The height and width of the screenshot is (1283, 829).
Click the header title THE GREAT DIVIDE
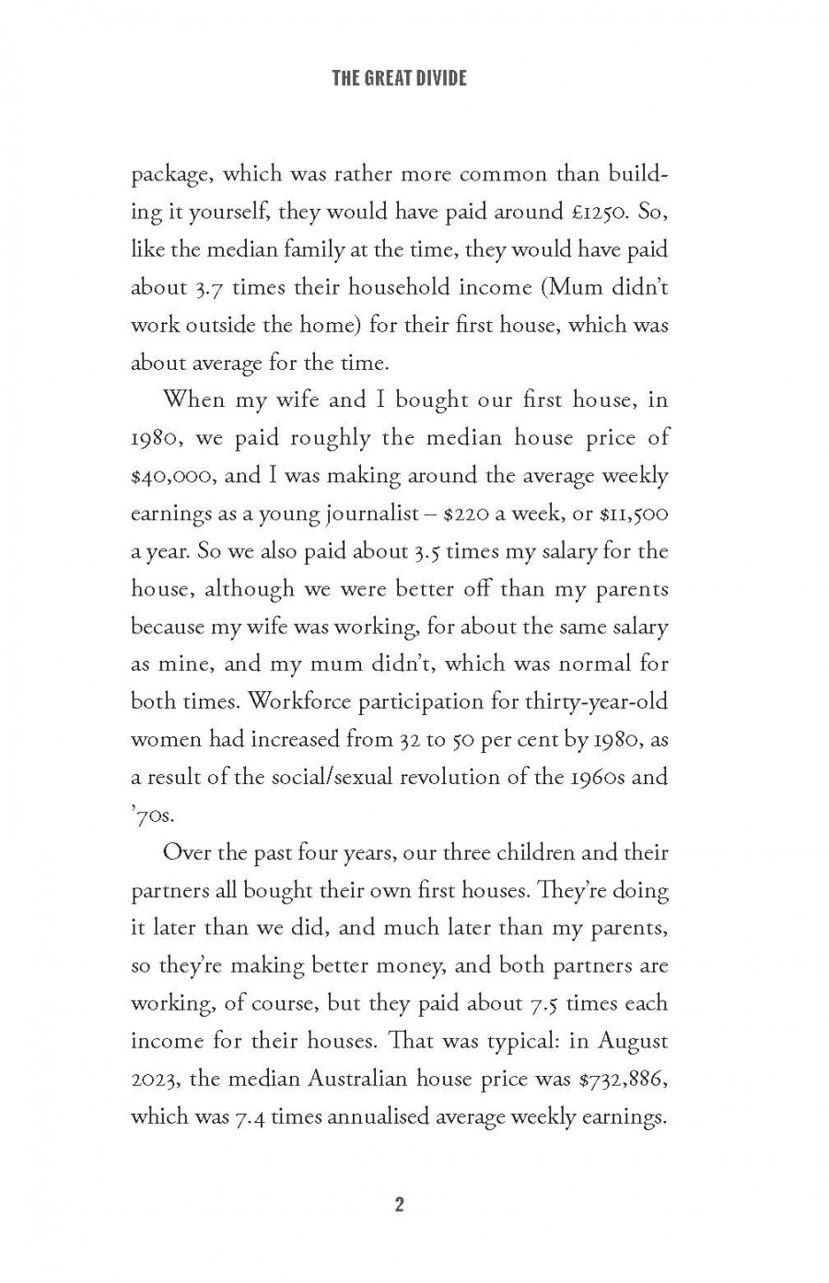point(399,78)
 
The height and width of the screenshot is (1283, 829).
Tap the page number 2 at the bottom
point(399,1205)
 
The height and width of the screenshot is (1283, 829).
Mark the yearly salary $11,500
point(635,513)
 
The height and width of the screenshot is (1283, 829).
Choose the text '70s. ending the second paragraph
point(150,815)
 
